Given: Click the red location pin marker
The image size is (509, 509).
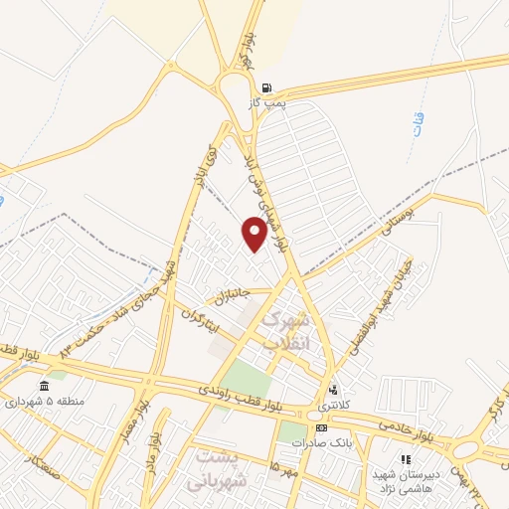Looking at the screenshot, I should tap(254, 234).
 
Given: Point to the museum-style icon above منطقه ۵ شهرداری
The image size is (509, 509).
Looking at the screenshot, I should tap(42, 386).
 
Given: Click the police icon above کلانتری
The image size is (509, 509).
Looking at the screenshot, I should tap(333, 390).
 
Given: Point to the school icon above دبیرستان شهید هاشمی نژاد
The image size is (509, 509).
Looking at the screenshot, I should tap(405, 459).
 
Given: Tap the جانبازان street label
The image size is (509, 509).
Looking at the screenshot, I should tap(228, 294).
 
